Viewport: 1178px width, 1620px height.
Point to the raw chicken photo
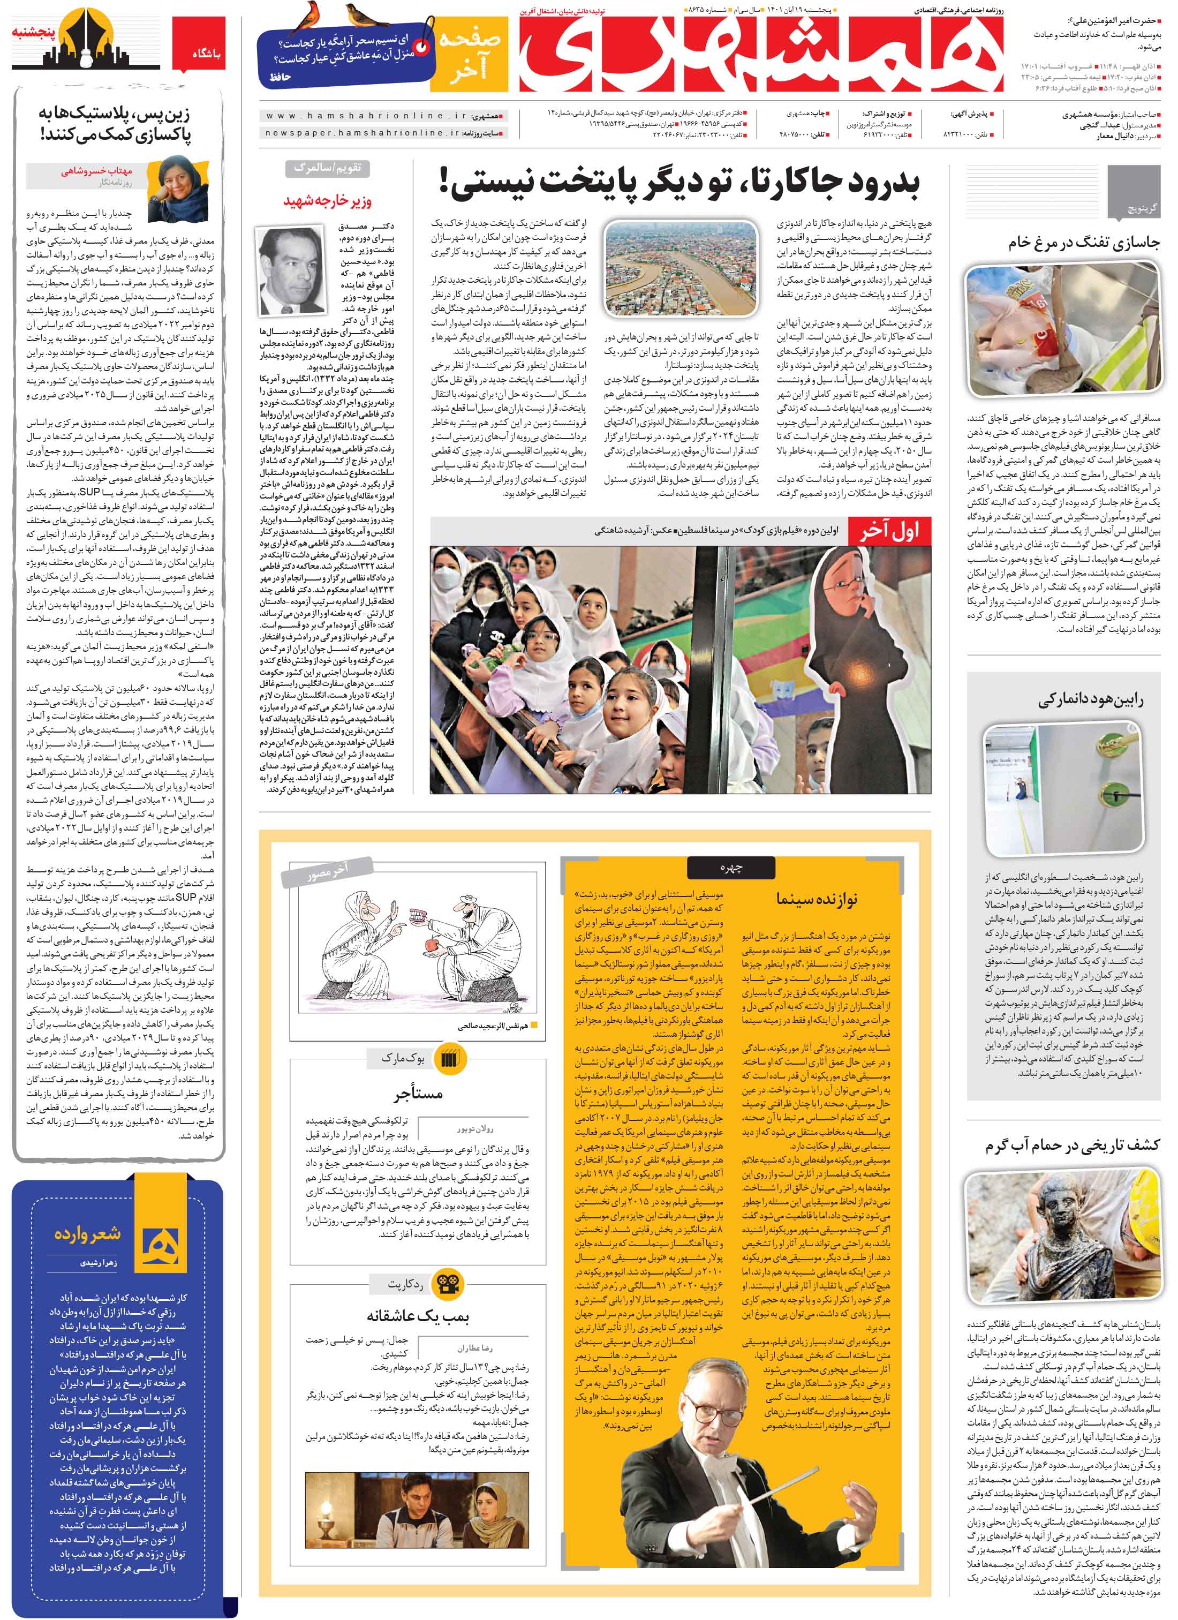click(x=1062, y=334)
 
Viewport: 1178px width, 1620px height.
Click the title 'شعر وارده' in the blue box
click(x=88, y=1233)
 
